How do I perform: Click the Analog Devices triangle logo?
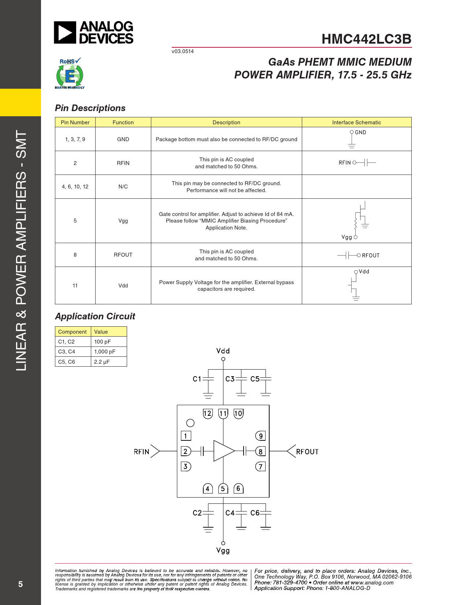click(65, 32)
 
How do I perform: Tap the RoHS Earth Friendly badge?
click(70, 73)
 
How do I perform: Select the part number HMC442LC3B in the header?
click(366, 39)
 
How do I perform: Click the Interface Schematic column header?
click(356, 122)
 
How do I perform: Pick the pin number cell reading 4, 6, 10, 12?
click(75, 187)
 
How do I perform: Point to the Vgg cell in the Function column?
click(123, 221)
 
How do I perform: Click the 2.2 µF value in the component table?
click(102, 362)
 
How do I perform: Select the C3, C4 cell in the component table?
click(66, 352)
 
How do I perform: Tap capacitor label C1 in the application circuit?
click(197, 379)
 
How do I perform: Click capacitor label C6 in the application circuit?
click(255, 513)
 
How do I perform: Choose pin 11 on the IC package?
click(223, 414)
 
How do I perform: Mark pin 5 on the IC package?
click(223, 488)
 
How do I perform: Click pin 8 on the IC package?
click(260, 451)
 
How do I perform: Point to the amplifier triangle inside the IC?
click(223, 451)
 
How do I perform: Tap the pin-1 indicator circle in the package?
click(190, 423)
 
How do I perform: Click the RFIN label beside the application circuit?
click(142, 452)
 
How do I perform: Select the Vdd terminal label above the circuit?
click(223, 351)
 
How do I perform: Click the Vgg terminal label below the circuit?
click(223, 551)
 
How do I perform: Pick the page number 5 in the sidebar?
click(20, 584)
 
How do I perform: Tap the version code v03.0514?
click(183, 51)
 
